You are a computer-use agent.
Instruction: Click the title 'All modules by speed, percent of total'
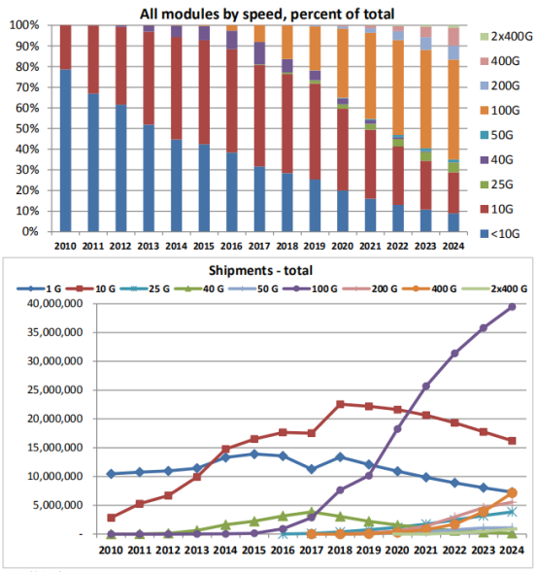pos(267,15)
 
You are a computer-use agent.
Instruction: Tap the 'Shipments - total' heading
pos(260,270)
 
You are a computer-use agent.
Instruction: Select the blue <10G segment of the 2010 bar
pos(66,151)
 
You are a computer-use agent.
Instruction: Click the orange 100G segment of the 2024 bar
pos(454,110)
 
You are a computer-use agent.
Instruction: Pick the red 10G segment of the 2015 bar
pos(204,92)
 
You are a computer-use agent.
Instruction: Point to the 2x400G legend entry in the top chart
pos(506,37)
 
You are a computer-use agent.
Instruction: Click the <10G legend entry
pos(500,233)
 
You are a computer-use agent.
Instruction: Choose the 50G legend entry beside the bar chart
pos(496,135)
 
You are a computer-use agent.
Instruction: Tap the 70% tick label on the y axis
pos(27,87)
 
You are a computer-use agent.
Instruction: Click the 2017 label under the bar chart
pos(259,247)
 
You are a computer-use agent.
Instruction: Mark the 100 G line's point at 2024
pos(512,307)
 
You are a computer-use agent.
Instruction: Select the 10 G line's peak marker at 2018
pos(340,404)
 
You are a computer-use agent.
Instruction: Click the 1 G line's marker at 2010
pos(112,474)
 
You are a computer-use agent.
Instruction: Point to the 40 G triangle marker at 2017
pos(312,512)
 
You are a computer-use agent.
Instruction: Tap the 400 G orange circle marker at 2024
pos(512,492)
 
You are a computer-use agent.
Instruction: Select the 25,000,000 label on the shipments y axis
pos(55,390)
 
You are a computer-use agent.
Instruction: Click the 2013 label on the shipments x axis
pos(196,550)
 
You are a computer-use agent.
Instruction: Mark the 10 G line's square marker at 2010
pos(112,518)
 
